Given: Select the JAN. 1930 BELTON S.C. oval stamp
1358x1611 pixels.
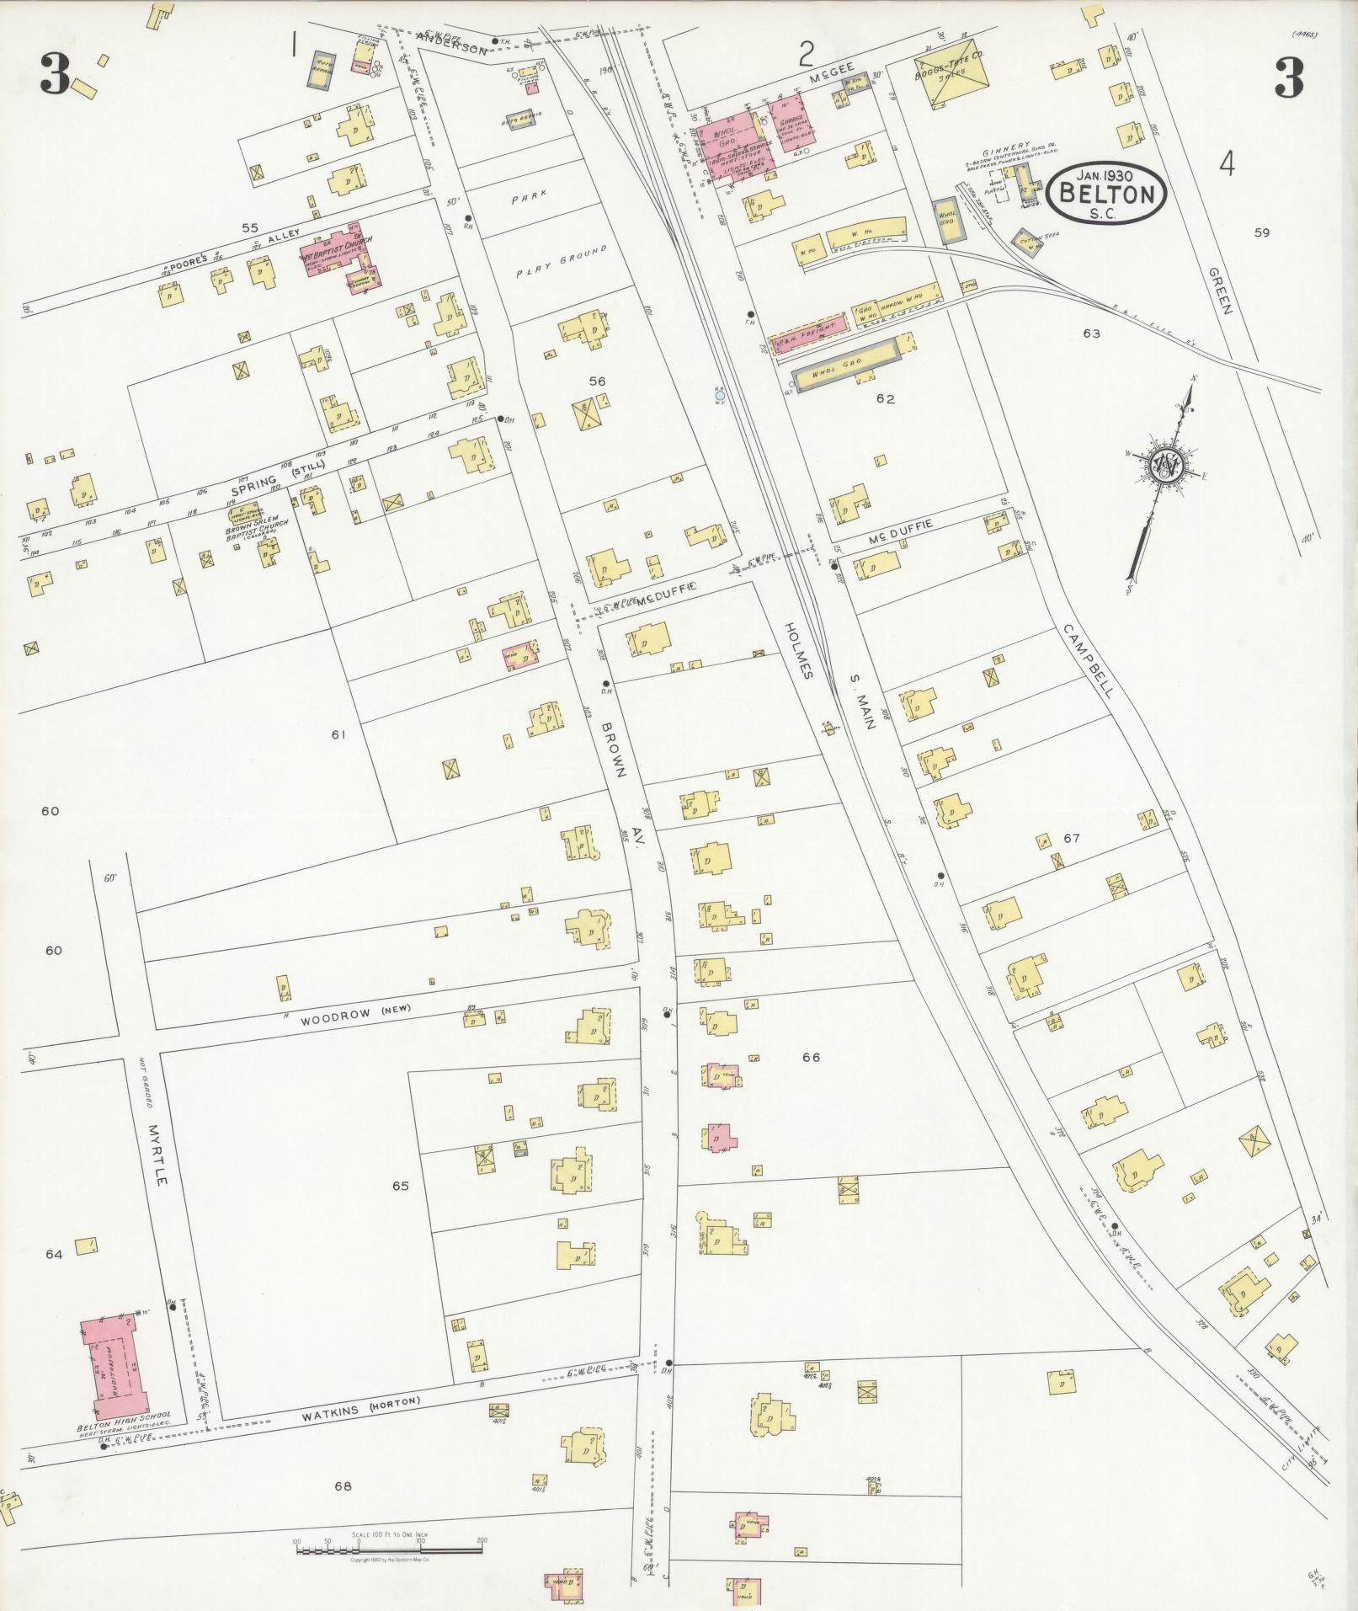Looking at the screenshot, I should (x=1106, y=193).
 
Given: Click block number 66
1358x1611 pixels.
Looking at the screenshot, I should (x=811, y=1057).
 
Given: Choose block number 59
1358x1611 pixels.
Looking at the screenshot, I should (x=1260, y=233).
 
